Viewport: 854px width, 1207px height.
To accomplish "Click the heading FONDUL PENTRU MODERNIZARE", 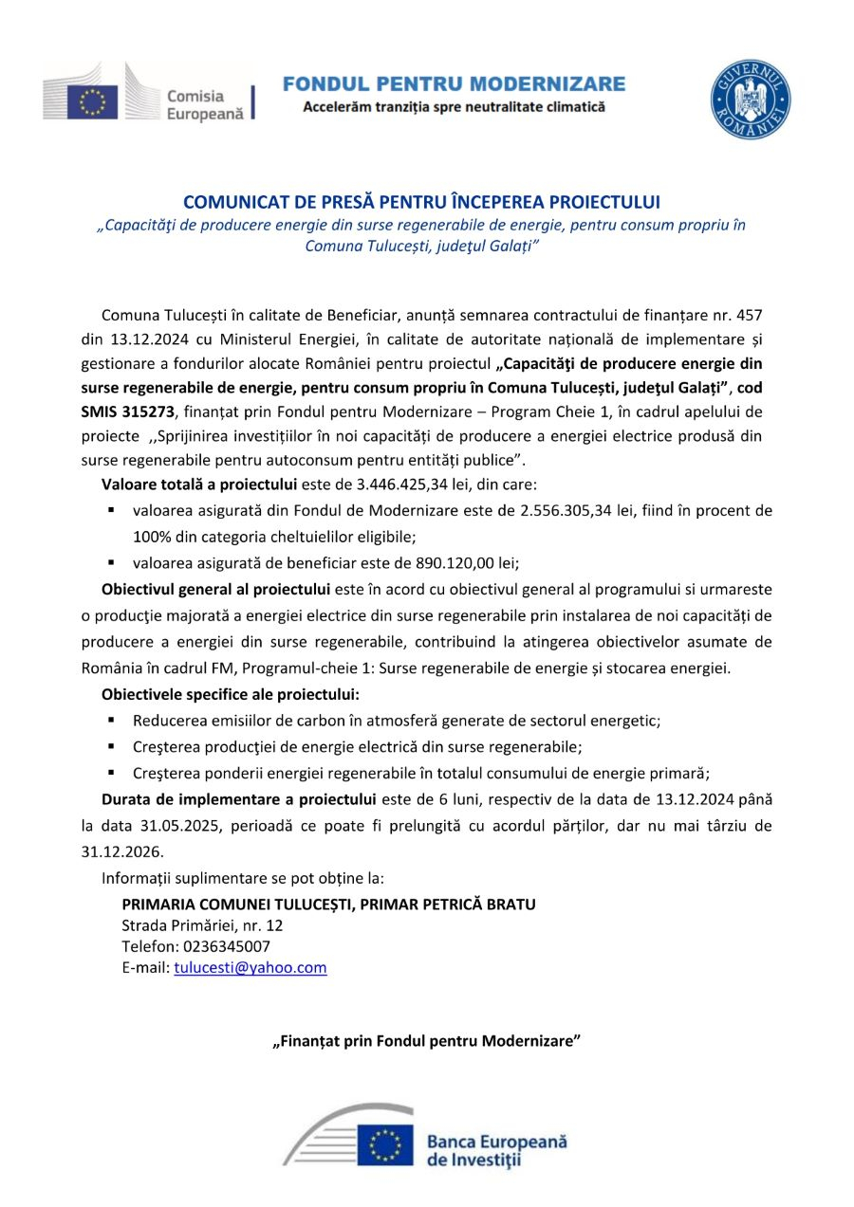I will pyautogui.click(x=454, y=84).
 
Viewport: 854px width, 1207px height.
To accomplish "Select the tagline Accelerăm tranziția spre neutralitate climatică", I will pyautogui.click(x=454, y=107).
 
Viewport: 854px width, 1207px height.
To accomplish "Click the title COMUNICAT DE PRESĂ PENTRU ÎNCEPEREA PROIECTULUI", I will pyautogui.click(x=421, y=202).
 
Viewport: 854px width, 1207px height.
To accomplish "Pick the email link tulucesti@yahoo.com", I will pyautogui.click(x=251, y=967).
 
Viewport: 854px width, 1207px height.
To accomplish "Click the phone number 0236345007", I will pyautogui.click(x=223, y=946).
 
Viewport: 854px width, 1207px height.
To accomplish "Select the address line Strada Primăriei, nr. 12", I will pyautogui.click(x=202, y=925).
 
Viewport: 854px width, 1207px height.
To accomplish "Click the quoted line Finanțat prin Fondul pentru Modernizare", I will pyautogui.click(x=426, y=1041).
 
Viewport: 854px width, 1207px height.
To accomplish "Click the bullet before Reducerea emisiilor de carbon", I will pyautogui.click(x=112, y=720).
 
